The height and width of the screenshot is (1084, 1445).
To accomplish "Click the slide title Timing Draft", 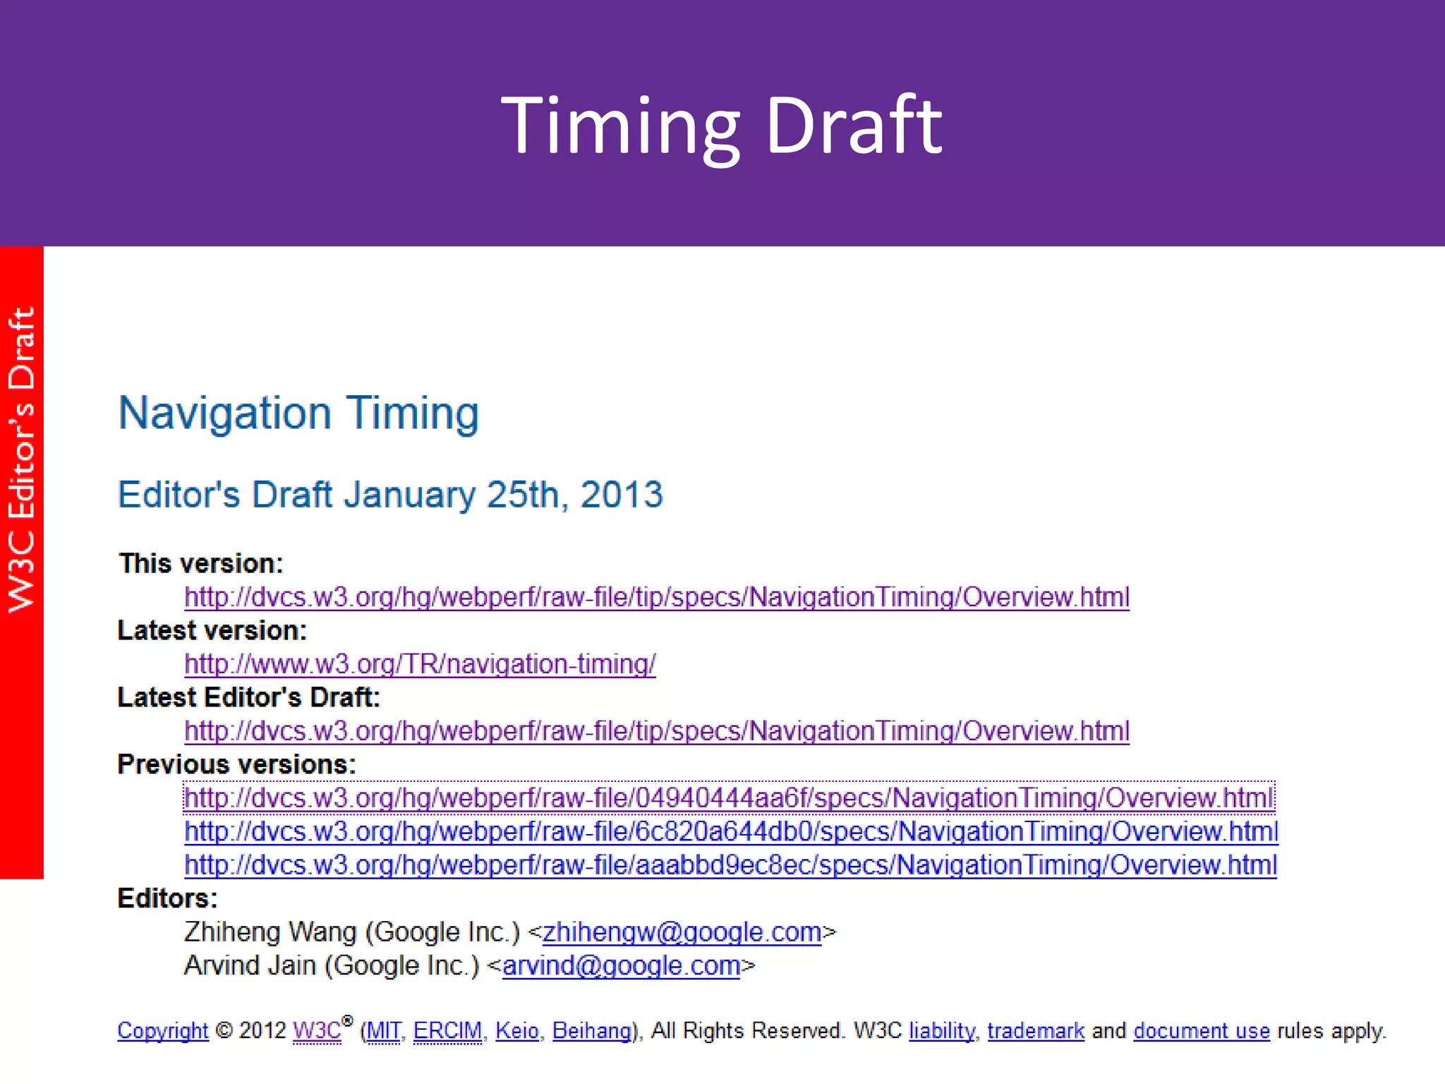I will [x=721, y=126].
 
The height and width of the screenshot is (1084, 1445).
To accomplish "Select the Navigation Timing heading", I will [x=298, y=413].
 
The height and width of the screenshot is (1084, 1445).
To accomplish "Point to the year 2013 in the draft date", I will [x=621, y=494].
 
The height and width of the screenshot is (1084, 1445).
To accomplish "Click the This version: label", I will [x=201, y=563].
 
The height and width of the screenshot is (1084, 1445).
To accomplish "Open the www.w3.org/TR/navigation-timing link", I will [x=420, y=664].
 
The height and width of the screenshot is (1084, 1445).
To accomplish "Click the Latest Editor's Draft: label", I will [x=248, y=697].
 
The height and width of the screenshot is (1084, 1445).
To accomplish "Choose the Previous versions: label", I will [x=236, y=764].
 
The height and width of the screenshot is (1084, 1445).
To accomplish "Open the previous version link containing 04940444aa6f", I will [x=729, y=798].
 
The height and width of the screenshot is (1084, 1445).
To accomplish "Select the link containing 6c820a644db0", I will [x=731, y=831].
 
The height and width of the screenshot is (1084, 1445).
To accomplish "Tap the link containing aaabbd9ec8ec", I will [x=730, y=865].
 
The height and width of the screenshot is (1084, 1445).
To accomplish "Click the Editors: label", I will [x=167, y=898].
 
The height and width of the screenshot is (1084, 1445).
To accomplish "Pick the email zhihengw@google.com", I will [x=682, y=932].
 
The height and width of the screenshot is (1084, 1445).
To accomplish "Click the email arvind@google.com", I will [x=621, y=965].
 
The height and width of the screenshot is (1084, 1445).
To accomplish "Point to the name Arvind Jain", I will [x=250, y=965].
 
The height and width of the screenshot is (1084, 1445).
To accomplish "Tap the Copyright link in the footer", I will [x=163, y=1031].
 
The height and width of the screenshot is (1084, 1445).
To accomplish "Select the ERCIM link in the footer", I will [x=447, y=1031].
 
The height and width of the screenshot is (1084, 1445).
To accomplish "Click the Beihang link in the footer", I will [x=591, y=1031].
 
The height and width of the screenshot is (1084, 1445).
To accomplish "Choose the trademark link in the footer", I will [x=1035, y=1031].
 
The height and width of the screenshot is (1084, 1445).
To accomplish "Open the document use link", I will [x=1202, y=1031].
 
